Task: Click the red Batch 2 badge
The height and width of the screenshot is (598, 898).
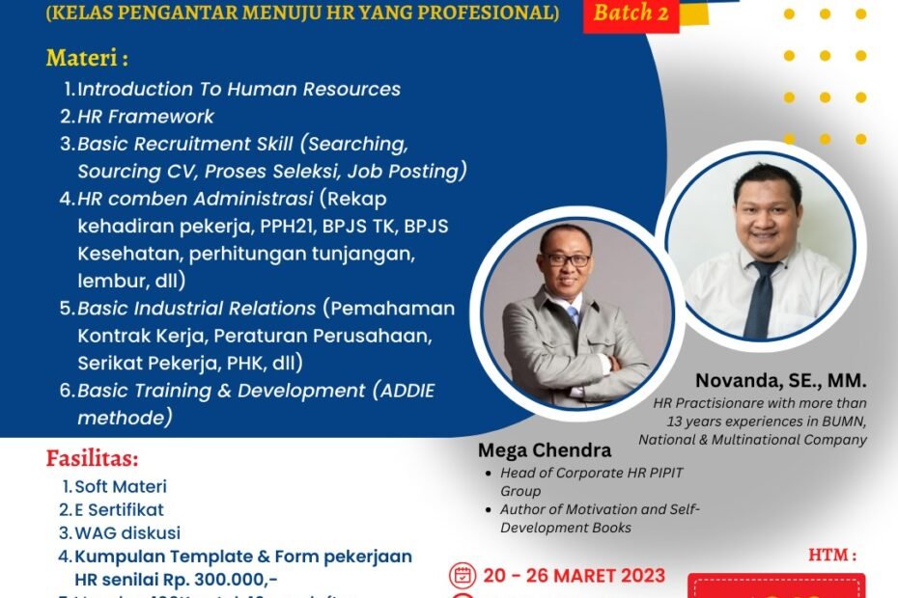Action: tap(631, 14)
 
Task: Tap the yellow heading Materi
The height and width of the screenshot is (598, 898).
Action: tap(86, 59)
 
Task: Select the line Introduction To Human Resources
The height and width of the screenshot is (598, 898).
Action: tap(239, 89)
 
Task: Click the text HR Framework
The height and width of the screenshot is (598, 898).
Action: tap(146, 116)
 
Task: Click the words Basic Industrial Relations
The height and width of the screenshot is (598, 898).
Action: tap(197, 309)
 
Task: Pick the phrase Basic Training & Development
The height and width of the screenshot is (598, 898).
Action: tap(221, 391)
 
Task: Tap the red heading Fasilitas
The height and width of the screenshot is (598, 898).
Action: tap(92, 457)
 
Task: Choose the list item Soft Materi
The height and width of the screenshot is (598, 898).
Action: tap(121, 487)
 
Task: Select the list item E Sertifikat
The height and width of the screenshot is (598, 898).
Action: tap(119, 509)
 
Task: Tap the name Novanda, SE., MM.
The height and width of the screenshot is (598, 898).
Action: tap(780, 382)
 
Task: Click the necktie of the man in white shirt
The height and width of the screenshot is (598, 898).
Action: tap(764, 295)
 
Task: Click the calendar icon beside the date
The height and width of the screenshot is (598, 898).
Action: tap(463, 576)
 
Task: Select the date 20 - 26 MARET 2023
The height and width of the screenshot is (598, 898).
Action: tap(574, 576)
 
